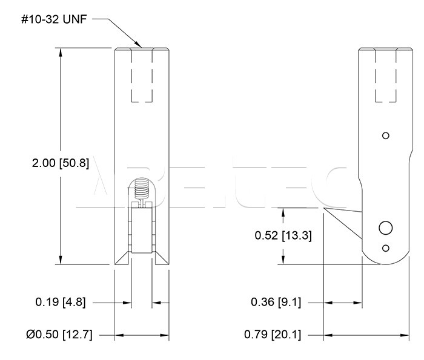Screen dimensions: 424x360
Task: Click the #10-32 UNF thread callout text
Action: pyautogui.click(x=54, y=19)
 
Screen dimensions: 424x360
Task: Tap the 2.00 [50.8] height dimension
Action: pyautogui.click(x=61, y=163)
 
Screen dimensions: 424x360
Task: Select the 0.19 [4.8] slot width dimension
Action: pyautogui.click(x=61, y=302)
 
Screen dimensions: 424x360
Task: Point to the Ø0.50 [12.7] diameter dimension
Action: pyautogui.click(x=59, y=335)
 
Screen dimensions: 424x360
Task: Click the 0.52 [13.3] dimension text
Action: pyautogui.click(x=283, y=235)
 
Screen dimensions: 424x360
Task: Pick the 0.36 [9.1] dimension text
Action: pyautogui.click(x=276, y=302)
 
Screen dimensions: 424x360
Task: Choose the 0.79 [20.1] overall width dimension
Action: pyautogui.click(x=273, y=335)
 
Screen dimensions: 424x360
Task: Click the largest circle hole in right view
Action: pyautogui.click(x=386, y=228)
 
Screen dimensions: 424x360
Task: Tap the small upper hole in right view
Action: pyautogui.click(x=386, y=136)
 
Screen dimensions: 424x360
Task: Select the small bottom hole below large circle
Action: pyautogui.click(x=386, y=248)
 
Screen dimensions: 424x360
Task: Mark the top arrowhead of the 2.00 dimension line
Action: pyautogui.click(x=61, y=52)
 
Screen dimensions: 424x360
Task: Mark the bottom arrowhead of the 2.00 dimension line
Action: pyautogui.click(x=61, y=260)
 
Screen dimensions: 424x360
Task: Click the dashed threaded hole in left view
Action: pyautogui.click(x=142, y=75)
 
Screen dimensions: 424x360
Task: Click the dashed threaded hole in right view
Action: pyautogui.click(x=386, y=75)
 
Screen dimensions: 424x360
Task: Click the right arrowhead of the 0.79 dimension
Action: pyautogui.click(x=405, y=335)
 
